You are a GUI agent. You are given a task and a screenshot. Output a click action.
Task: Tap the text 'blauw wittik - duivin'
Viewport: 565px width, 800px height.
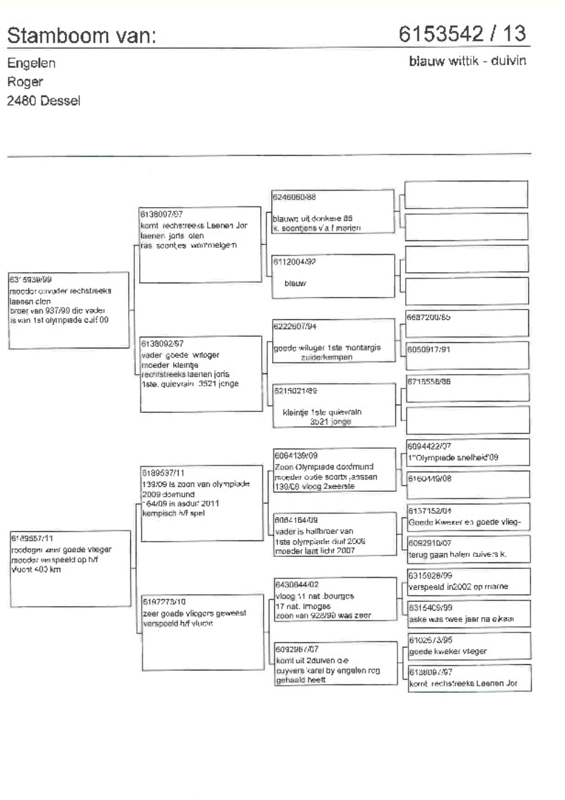coord(469,62)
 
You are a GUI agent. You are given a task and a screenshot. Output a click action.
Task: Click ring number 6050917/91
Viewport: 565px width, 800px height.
coord(429,349)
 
